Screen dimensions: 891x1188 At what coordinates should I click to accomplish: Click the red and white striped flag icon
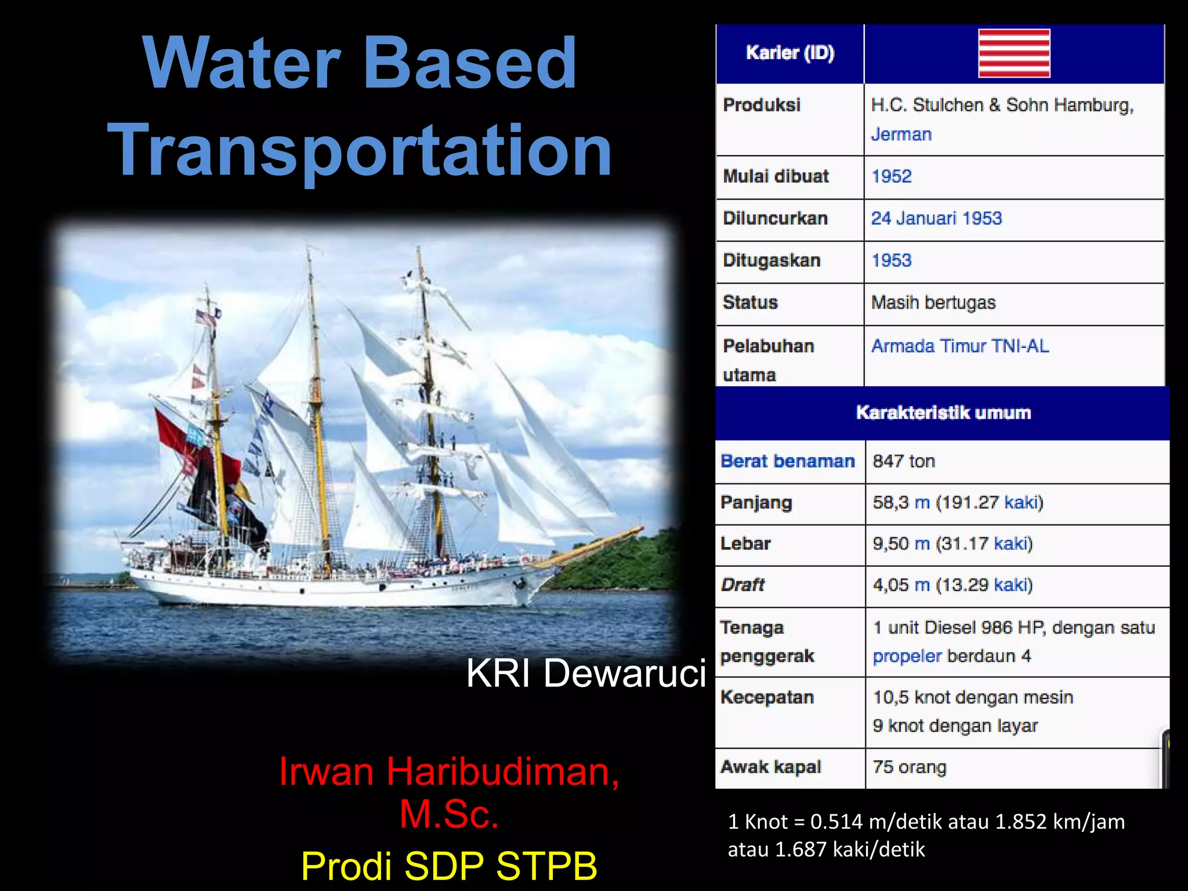click(x=1014, y=53)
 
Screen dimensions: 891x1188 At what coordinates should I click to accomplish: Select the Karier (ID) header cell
click(x=789, y=53)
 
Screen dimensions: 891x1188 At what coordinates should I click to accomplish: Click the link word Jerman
click(x=901, y=135)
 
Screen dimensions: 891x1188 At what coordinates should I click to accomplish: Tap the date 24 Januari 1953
click(x=936, y=218)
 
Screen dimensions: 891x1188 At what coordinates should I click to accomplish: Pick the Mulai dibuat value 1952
click(x=892, y=176)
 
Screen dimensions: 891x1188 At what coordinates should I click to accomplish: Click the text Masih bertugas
click(x=933, y=302)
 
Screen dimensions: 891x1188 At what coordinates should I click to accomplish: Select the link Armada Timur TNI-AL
click(x=960, y=346)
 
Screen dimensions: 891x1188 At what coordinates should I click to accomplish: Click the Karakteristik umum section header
click(x=943, y=412)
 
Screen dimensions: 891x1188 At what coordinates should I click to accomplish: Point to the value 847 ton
click(x=904, y=461)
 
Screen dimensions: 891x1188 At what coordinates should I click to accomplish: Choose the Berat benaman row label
click(x=787, y=461)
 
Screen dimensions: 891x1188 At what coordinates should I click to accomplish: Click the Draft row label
click(x=742, y=585)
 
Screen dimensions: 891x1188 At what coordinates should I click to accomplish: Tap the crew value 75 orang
click(x=909, y=767)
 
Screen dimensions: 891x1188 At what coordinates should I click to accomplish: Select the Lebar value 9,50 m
click(x=901, y=544)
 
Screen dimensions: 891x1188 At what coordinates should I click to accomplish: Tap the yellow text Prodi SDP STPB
click(x=449, y=865)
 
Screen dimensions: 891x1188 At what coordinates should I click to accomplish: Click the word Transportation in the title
click(x=360, y=150)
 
